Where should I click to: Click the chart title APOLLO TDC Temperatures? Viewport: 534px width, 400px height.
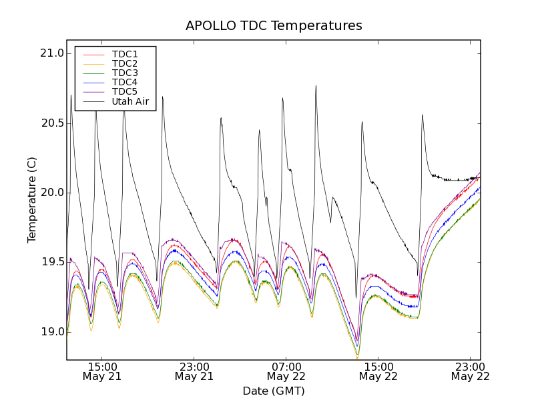coord(274,26)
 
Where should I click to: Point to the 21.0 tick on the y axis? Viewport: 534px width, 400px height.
coord(51,54)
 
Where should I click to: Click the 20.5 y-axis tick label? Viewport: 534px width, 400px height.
coord(51,123)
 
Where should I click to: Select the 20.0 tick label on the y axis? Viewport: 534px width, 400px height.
coord(51,193)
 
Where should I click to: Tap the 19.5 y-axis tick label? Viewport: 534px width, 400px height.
coord(51,262)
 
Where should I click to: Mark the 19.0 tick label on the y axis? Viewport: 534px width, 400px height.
coord(51,332)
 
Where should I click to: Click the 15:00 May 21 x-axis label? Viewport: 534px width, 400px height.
coord(102,371)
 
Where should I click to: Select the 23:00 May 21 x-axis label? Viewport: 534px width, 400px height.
coord(194,371)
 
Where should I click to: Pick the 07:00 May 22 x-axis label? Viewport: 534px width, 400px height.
coord(286,371)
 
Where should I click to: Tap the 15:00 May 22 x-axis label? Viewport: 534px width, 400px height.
coord(378,371)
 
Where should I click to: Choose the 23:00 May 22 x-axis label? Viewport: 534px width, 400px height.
coord(471,371)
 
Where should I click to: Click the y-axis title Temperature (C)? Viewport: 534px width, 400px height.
coord(32,199)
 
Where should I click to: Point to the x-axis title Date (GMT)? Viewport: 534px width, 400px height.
coord(274,391)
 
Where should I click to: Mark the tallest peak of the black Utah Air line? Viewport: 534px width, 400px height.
coord(316,86)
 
